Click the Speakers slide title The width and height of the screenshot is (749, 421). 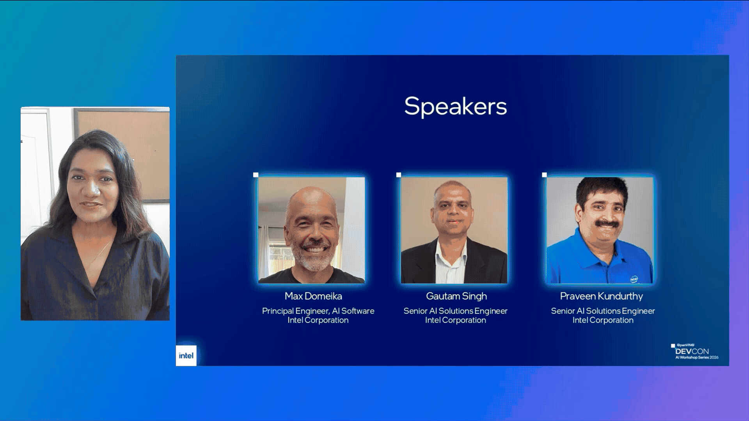[x=455, y=106]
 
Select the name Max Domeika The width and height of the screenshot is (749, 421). [x=313, y=296]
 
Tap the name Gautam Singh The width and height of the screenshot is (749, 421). [x=456, y=296]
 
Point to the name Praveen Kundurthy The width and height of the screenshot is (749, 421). [x=601, y=296]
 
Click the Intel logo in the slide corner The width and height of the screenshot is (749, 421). [x=186, y=356]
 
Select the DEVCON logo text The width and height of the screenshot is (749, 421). [x=692, y=351]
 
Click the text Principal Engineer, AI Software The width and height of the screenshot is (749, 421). [x=318, y=311]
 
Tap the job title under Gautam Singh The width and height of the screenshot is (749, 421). [x=455, y=311]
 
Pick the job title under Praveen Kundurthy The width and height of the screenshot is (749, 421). [x=603, y=311]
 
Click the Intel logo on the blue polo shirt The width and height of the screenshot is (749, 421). [x=634, y=279]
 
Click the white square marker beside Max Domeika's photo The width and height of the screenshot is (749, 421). [x=256, y=175]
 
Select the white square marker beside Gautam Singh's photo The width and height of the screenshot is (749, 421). [x=399, y=175]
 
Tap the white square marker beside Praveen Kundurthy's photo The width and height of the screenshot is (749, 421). [x=545, y=175]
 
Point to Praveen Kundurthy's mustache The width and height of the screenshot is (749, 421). [x=607, y=224]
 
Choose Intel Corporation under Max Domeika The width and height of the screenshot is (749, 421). [x=318, y=320]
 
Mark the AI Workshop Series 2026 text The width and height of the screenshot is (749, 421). [x=697, y=357]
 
